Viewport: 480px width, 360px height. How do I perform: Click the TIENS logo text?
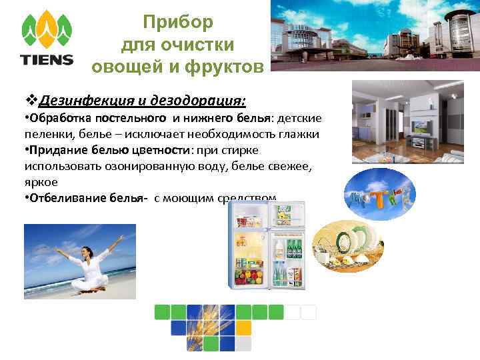[47, 59]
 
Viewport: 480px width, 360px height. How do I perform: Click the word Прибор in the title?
[178, 23]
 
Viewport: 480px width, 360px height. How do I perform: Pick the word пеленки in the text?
[47, 134]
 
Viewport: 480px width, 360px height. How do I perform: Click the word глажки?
[301, 134]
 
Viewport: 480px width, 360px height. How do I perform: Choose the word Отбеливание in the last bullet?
[64, 198]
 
